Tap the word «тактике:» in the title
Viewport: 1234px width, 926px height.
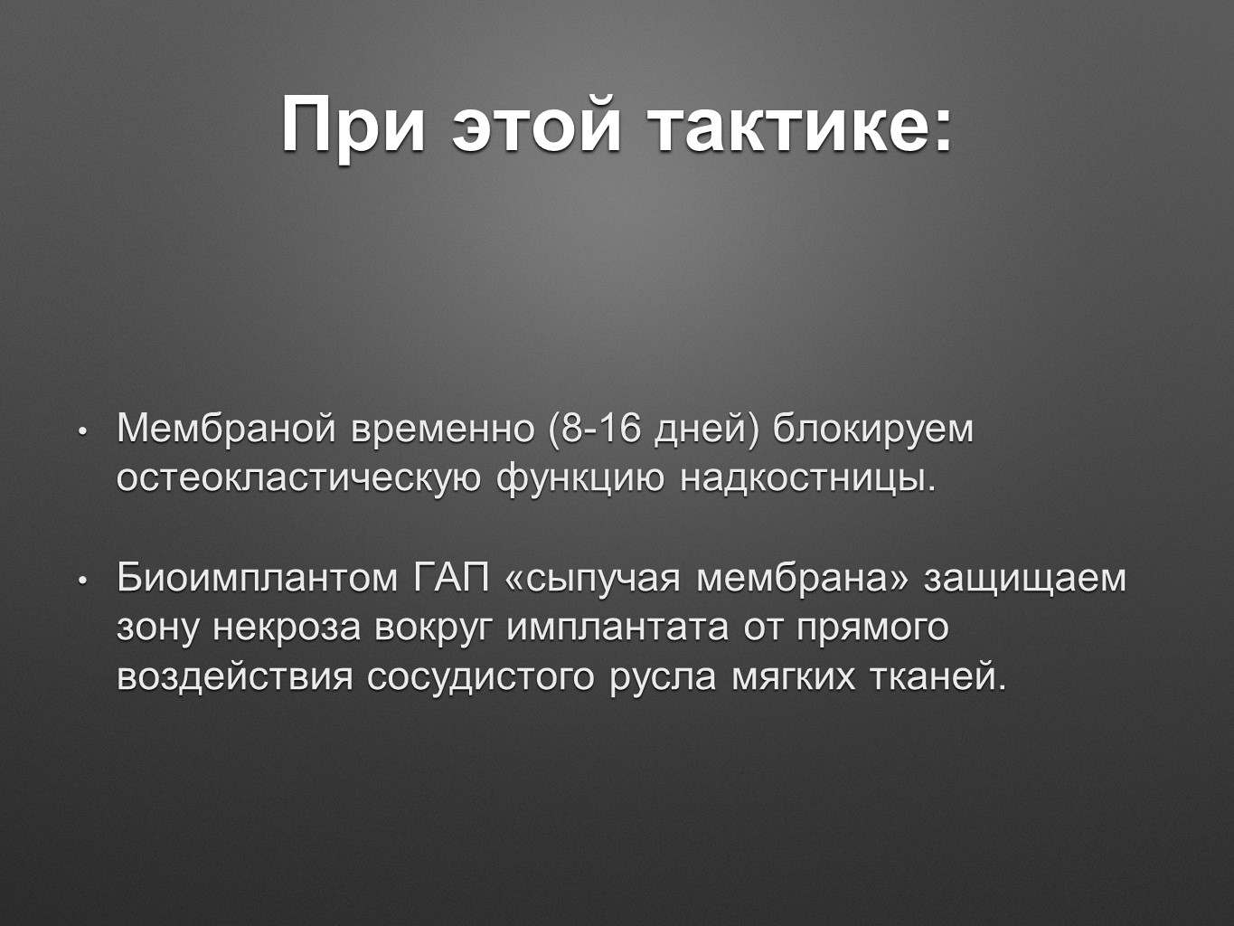(800, 124)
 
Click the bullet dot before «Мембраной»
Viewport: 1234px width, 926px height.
(82, 433)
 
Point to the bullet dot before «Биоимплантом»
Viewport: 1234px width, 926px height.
(82, 581)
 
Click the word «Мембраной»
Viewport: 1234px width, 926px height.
(226, 429)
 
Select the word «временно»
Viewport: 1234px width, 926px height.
(443, 430)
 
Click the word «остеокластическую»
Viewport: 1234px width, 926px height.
(298, 479)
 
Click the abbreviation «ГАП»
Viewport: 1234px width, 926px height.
(451, 578)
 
